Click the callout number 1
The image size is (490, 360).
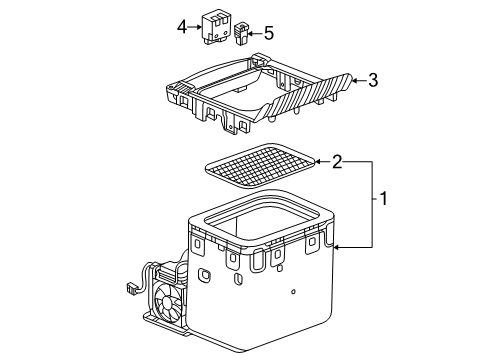pos(384,199)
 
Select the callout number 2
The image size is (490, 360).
pos(337,162)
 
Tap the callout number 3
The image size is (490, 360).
pos(373,80)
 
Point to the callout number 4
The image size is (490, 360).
pos(182,27)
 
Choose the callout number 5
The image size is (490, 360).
pos(269,33)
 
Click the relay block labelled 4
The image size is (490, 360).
pos(215,28)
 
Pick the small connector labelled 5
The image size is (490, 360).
pos(240,33)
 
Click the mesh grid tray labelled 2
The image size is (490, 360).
pos(260,165)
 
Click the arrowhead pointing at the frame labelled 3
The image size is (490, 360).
pos(356,80)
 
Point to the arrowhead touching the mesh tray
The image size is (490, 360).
pos(318,162)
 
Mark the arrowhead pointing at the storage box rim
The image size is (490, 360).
pos(337,247)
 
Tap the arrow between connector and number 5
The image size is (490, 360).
pos(255,33)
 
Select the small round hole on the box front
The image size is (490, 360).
pos(293,292)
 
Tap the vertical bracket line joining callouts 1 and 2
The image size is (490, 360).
pos(372,204)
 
